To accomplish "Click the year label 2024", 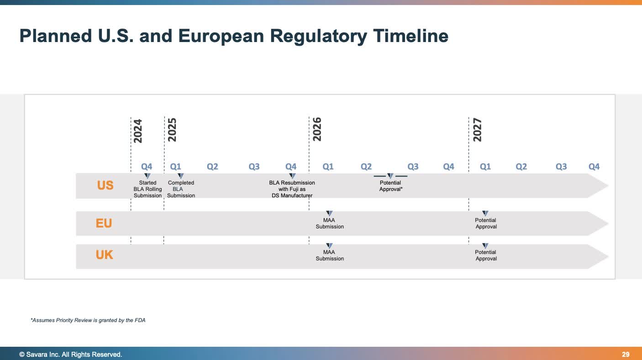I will pyautogui.click(x=137, y=131).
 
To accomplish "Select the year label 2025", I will pyautogui.click(x=172, y=130).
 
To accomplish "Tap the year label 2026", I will pyautogui.click(x=317, y=129).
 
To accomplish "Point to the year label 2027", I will pyautogui.click(x=477, y=130).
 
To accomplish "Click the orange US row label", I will pyautogui.click(x=105, y=185).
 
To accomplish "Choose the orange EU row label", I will pyautogui.click(x=104, y=223).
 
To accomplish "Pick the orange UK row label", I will pyautogui.click(x=104, y=255).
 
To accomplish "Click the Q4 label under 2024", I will pyautogui.click(x=147, y=167).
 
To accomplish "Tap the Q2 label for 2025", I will pyautogui.click(x=212, y=167).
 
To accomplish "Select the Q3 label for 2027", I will pyautogui.click(x=561, y=167).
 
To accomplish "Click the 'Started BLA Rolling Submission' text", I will pyautogui.click(x=147, y=189).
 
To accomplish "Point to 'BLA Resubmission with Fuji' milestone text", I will pyautogui.click(x=292, y=189).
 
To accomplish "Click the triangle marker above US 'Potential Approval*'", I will pyautogui.click(x=390, y=176).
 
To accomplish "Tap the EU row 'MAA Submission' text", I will pyautogui.click(x=330, y=223).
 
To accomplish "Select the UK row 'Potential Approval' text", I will pyautogui.click(x=486, y=255).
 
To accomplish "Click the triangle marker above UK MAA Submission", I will pyautogui.click(x=330, y=246).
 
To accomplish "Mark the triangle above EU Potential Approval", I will pyautogui.click(x=485, y=213).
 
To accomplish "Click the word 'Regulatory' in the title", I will pyautogui.click(x=318, y=36).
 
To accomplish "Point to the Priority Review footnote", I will pyautogui.click(x=88, y=320).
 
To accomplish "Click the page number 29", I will pyautogui.click(x=626, y=355).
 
